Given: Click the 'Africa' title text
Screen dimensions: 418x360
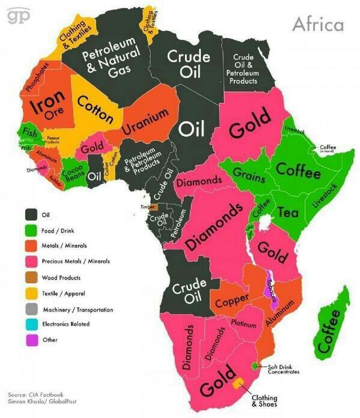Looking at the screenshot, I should (x=317, y=24).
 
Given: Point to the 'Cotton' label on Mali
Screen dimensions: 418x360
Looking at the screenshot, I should (x=95, y=110).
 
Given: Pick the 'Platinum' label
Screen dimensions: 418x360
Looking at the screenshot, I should (x=244, y=324).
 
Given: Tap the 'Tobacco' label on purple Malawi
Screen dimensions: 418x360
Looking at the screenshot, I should (x=270, y=292).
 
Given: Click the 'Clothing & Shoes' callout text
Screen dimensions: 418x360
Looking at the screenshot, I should (x=264, y=400).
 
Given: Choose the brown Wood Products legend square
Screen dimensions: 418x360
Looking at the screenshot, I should (x=31, y=278).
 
